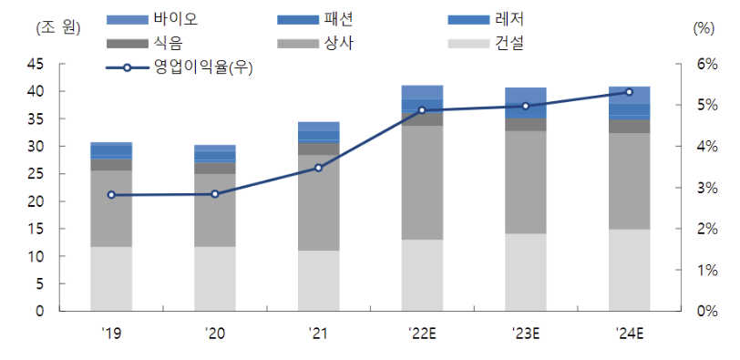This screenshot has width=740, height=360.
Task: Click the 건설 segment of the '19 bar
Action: coord(111,279)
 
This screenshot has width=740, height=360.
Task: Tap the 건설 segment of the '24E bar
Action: coord(629,270)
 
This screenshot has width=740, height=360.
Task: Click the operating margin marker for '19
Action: coord(111,195)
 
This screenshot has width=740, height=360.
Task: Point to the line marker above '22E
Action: coord(422,110)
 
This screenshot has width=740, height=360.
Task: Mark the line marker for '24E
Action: coord(629,92)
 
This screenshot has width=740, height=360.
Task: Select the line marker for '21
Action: coord(318,168)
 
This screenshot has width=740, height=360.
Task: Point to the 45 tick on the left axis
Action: coord(36,65)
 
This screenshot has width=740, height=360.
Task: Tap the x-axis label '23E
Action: coord(526,334)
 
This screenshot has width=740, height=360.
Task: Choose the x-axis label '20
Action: coord(215,334)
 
